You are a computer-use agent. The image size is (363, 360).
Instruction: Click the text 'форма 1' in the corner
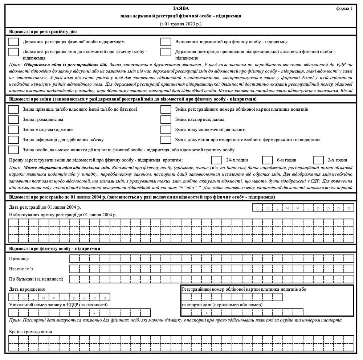(344, 8)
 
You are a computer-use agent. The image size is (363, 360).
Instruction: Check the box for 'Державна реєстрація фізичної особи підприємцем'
(13, 42)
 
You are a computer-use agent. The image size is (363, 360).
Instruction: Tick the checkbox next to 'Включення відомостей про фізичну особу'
(166, 42)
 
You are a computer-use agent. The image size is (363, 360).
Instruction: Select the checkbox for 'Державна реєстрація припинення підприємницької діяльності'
(166, 52)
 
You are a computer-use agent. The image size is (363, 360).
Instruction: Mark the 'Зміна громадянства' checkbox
(13, 119)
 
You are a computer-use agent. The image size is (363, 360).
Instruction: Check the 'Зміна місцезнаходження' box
(13, 130)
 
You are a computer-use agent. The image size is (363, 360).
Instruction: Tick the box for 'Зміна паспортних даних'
(166, 119)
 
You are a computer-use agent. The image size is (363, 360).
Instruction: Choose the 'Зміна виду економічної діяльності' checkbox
(166, 130)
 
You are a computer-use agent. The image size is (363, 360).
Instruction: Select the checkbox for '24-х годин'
(217, 160)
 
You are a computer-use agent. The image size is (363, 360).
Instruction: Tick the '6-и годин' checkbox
(268, 160)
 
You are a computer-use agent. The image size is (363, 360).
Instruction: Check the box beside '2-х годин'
(318, 160)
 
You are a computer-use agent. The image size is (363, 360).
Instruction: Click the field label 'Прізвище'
(19, 259)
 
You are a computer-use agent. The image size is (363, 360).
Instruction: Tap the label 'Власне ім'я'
(21, 269)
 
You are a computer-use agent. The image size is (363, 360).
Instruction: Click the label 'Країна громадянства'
(30, 332)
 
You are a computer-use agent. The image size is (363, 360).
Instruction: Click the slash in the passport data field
(206, 312)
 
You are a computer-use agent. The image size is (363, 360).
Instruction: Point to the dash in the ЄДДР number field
(94, 312)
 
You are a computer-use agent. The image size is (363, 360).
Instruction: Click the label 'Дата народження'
(27, 289)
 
